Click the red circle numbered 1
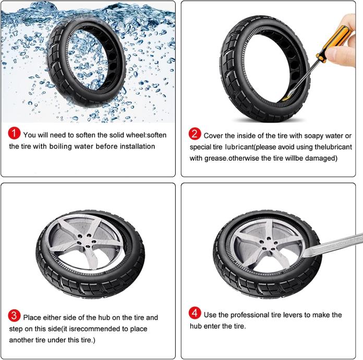click(x=14, y=133)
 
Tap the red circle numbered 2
click(x=195, y=134)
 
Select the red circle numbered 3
click(x=14, y=316)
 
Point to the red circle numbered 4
click(x=195, y=313)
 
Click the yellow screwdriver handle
click(x=334, y=44)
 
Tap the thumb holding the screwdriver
click(x=341, y=53)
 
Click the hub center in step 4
click(x=266, y=244)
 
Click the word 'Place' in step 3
click(x=32, y=317)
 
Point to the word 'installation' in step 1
click(x=137, y=147)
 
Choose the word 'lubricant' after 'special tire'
click(x=239, y=147)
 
